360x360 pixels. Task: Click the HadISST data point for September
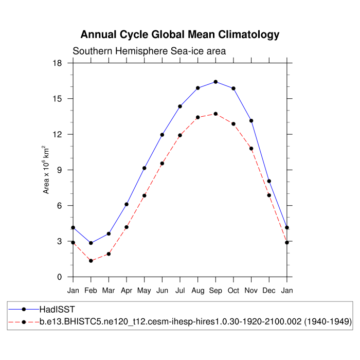[x=215, y=82]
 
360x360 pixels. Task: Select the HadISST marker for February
[x=91, y=243]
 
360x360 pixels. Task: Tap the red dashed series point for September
[x=215, y=114]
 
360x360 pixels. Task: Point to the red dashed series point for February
[x=91, y=261]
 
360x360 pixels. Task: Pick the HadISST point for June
[x=162, y=135]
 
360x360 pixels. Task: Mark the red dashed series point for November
[x=251, y=149]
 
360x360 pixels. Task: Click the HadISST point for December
[x=269, y=181]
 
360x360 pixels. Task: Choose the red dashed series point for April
[x=127, y=227]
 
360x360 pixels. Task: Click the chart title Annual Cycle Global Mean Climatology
[x=180, y=35]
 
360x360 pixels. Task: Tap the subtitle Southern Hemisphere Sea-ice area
[x=149, y=51]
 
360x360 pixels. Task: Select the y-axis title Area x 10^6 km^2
[x=46, y=170]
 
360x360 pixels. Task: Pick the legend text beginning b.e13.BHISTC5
[x=195, y=322]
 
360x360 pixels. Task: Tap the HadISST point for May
[x=145, y=168]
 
